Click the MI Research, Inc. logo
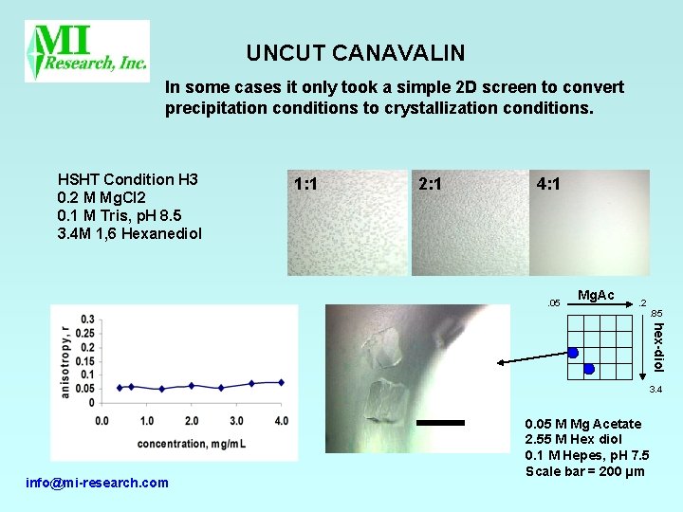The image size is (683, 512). tap(87, 50)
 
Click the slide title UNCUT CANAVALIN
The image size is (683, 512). tap(356, 53)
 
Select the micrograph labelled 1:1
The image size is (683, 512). tap(346, 223)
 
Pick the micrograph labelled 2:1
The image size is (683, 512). tap(468, 223)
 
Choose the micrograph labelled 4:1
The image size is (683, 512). tap(589, 223)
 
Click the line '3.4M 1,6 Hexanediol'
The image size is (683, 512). tap(130, 233)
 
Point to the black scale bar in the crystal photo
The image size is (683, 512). tap(440, 423)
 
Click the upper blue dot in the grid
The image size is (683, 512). tap(573, 353)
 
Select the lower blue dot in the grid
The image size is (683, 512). tap(589, 369)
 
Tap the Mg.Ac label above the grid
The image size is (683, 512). tap(595, 295)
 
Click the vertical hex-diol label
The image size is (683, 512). tap(658, 347)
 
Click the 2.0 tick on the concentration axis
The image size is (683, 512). tap(192, 420)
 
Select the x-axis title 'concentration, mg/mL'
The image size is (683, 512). tap(192, 443)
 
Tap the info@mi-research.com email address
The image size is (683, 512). tap(98, 483)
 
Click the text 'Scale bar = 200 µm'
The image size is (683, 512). tap(584, 471)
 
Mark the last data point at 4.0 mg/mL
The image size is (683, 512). tap(282, 382)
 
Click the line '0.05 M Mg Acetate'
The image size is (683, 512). tap(582, 423)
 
